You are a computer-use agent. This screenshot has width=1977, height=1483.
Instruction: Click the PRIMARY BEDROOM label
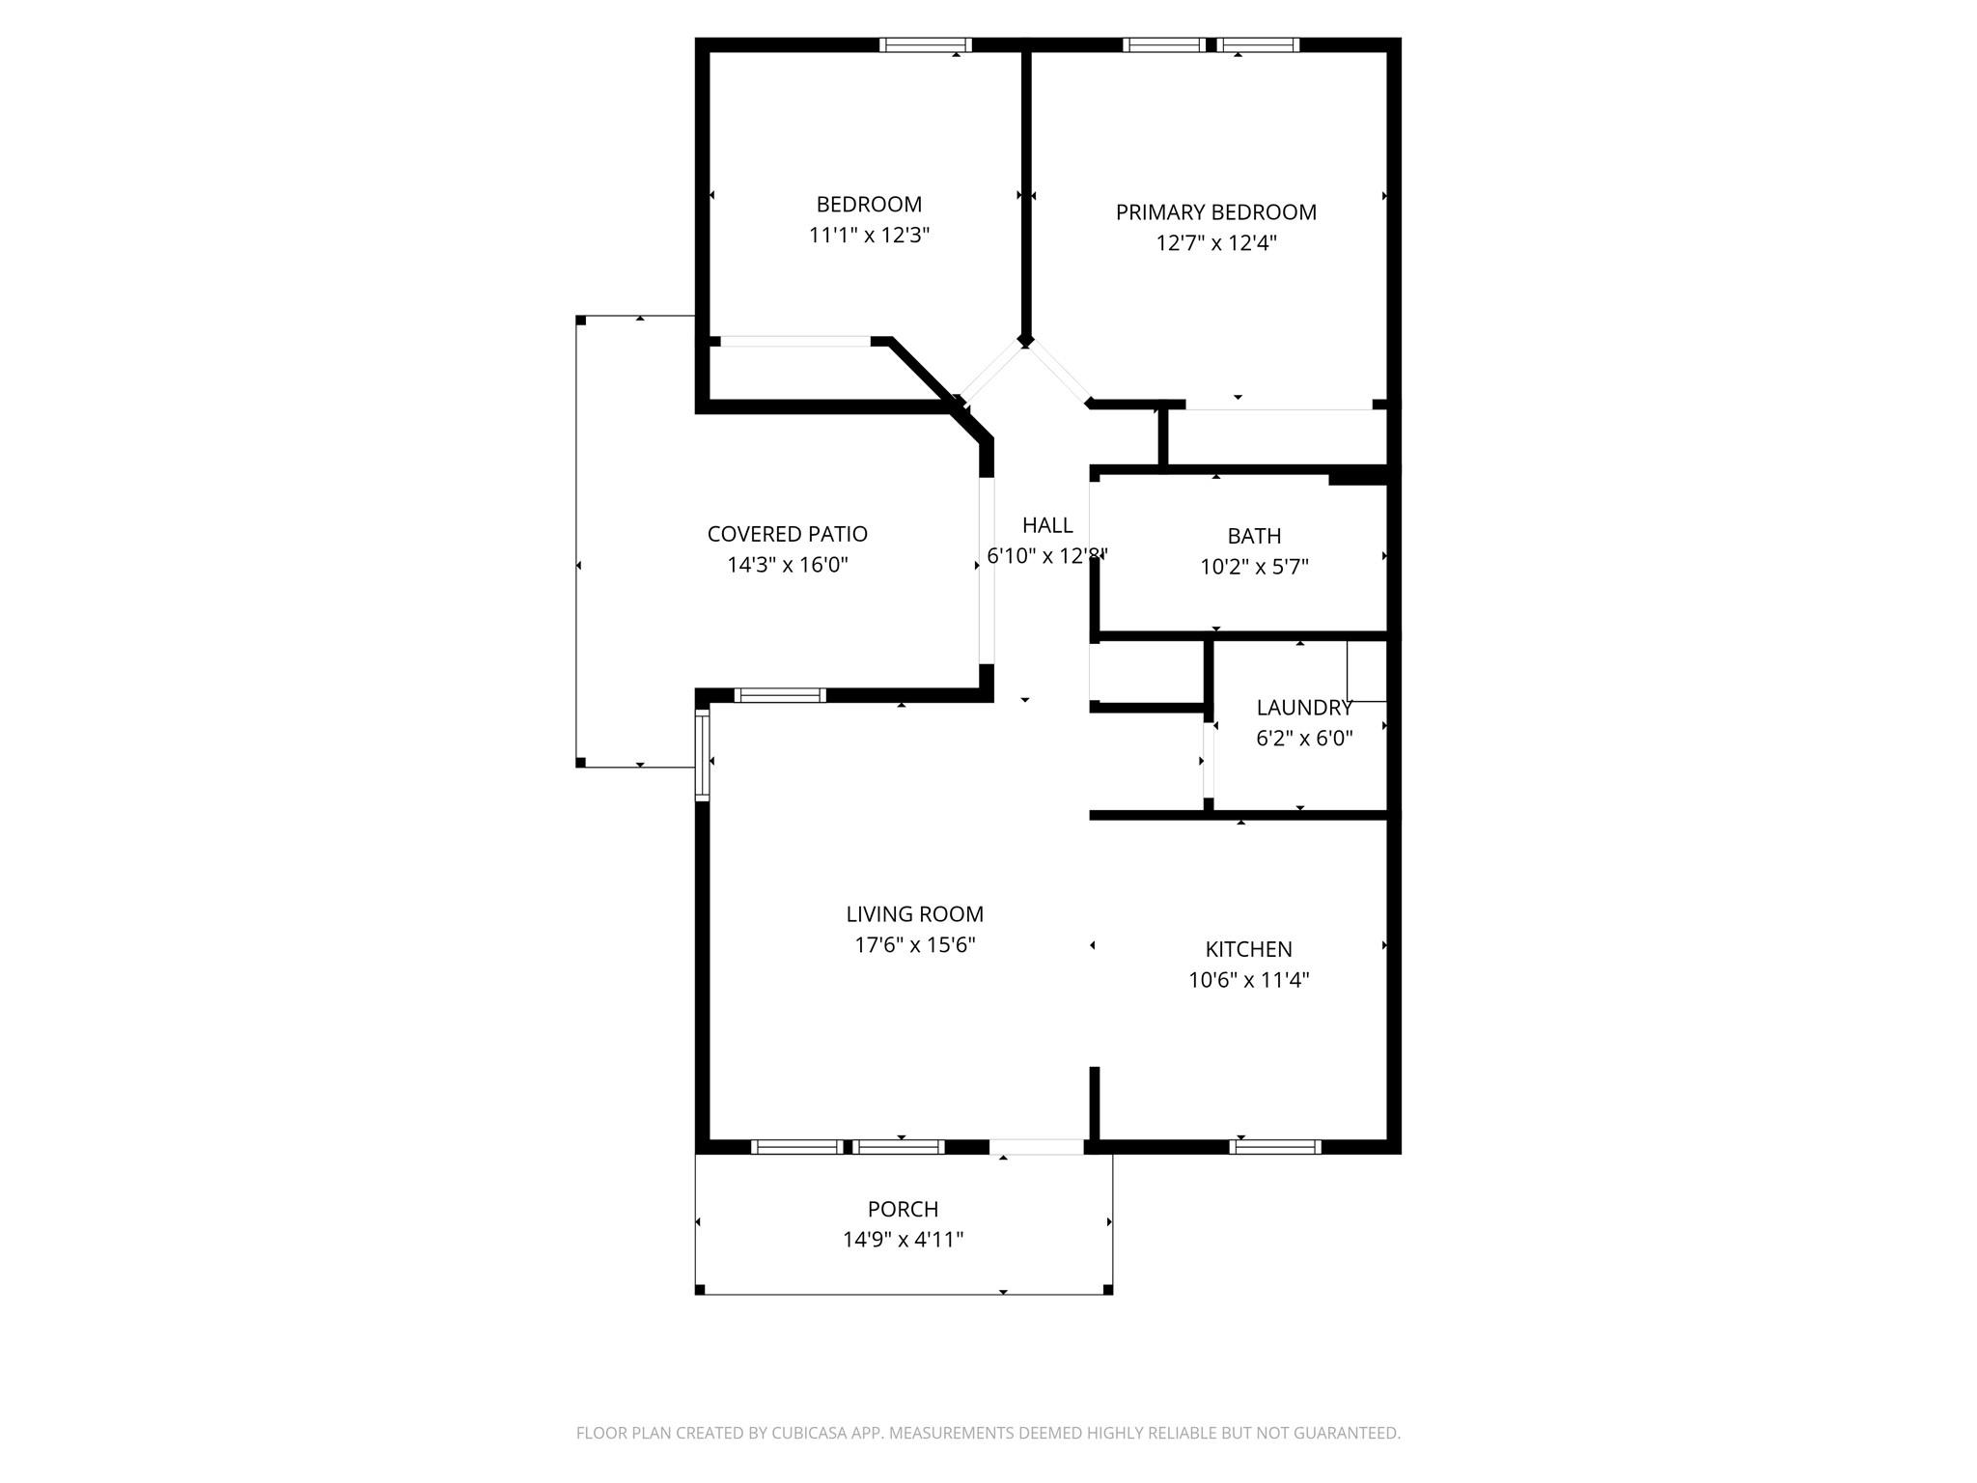click(x=1215, y=212)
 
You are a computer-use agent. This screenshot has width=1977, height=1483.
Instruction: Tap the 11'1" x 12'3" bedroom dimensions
click(x=869, y=236)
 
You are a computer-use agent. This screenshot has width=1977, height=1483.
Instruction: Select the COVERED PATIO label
click(x=787, y=534)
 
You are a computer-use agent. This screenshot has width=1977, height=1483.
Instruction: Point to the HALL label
click(x=1047, y=525)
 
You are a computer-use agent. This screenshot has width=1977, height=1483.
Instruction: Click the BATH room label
click(x=1254, y=536)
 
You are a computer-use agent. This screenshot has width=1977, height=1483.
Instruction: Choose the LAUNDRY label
click(x=1303, y=708)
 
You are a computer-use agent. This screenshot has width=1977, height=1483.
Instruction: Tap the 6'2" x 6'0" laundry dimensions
click(x=1303, y=739)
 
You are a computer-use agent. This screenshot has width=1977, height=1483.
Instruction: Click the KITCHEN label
click(x=1248, y=949)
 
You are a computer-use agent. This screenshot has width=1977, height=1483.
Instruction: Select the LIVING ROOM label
click(x=914, y=914)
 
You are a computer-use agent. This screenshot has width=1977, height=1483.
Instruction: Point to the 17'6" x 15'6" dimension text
click(x=914, y=945)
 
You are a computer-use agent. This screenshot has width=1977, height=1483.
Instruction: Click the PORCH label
click(x=903, y=1209)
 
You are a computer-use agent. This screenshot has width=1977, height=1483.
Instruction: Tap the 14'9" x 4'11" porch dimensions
click(x=903, y=1240)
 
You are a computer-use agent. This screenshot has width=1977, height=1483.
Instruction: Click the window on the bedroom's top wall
click(x=925, y=44)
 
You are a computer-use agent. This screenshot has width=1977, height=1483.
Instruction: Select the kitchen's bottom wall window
click(x=1274, y=1147)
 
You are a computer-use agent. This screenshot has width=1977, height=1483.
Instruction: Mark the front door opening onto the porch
click(x=1036, y=1147)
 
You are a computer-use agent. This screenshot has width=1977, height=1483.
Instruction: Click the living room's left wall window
click(x=702, y=755)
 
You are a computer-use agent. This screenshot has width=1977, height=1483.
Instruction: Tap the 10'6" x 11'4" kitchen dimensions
click(x=1248, y=980)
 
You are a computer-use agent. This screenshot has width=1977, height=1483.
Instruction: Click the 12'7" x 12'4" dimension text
click(x=1215, y=243)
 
